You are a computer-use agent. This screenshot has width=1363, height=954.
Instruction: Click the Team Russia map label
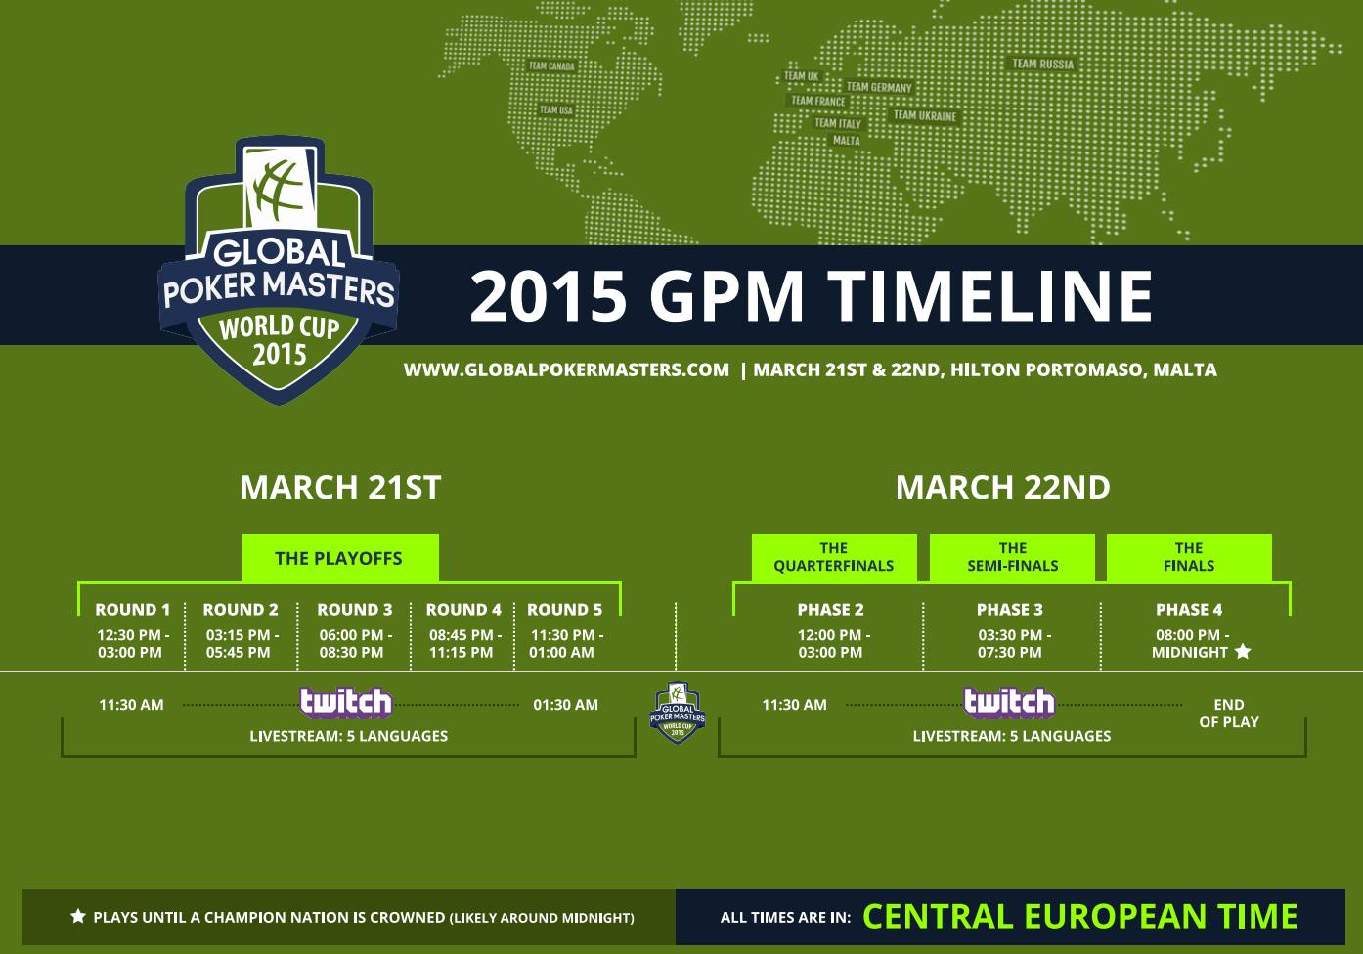(x=1043, y=64)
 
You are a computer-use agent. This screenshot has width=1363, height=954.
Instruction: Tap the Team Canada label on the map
(x=551, y=65)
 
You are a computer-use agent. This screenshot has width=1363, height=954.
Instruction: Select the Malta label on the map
(x=847, y=141)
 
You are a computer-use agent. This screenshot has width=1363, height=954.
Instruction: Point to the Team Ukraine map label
(x=925, y=115)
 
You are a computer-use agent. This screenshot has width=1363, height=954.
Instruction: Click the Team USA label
(x=556, y=110)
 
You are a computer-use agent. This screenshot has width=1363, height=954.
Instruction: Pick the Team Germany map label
(x=879, y=87)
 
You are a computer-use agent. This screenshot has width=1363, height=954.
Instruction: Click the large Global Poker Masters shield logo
(x=279, y=270)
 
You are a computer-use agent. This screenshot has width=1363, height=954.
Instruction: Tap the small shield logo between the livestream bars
(x=678, y=714)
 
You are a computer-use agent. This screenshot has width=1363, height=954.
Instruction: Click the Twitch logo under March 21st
(x=345, y=703)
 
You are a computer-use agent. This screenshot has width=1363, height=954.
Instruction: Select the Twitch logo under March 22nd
(x=1009, y=703)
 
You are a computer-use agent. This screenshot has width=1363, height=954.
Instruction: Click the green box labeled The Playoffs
(x=340, y=558)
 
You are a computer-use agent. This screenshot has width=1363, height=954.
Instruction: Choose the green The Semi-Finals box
(x=1013, y=557)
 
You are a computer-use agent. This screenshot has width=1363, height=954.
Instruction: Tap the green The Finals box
(x=1189, y=557)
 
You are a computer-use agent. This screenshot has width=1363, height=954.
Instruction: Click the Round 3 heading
(x=355, y=610)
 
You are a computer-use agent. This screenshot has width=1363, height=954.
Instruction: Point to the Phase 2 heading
(x=830, y=610)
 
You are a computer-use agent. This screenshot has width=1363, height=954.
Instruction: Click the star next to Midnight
(x=1243, y=652)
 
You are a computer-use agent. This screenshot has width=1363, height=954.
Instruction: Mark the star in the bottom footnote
(x=78, y=916)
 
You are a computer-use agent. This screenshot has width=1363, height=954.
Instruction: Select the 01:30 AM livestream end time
(x=566, y=705)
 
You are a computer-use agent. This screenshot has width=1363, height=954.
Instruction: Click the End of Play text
(x=1229, y=714)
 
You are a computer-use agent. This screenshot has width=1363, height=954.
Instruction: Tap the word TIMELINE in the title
(x=990, y=296)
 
